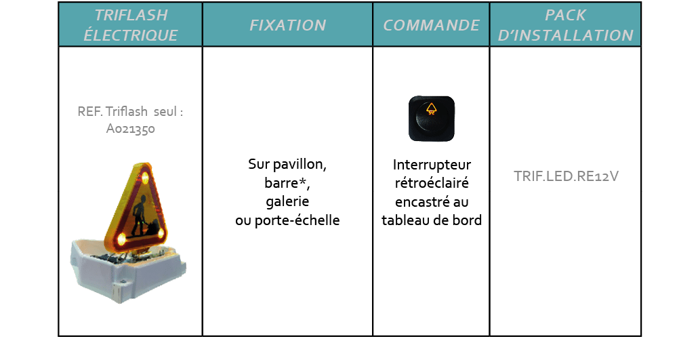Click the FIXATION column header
287,25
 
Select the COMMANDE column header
431,25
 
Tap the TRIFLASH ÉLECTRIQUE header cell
131,25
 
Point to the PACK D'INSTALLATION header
565,25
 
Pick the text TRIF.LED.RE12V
566,176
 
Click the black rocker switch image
431,119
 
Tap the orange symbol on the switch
431,108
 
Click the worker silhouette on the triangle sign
142,216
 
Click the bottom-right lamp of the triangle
161,233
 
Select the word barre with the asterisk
287,183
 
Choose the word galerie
287,201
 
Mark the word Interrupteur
432,165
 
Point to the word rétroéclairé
432,183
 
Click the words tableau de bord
432,220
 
